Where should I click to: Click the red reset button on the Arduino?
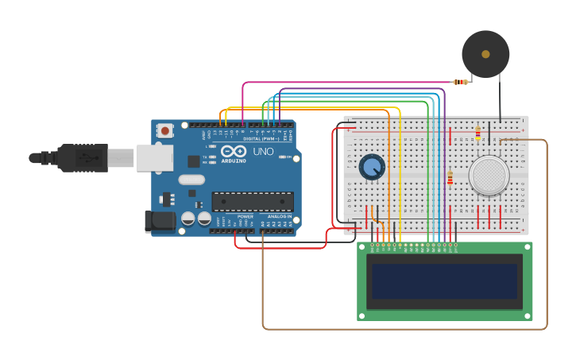tap(164, 130)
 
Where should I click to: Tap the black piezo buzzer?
tap(485, 54)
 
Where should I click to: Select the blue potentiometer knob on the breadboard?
tap(371, 167)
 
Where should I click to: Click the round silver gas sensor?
tap(489, 175)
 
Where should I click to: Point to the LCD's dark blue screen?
tap(444, 281)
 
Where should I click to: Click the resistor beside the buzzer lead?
tap(460, 82)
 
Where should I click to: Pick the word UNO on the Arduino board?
tap(263, 152)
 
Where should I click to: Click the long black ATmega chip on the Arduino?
tap(252, 201)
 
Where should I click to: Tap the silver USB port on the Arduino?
tap(154, 157)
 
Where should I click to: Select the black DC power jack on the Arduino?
tap(159, 221)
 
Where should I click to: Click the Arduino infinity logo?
tap(234, 151)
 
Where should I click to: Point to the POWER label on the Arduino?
tap(245, 216)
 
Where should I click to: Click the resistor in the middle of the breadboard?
tap(450, 178)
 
